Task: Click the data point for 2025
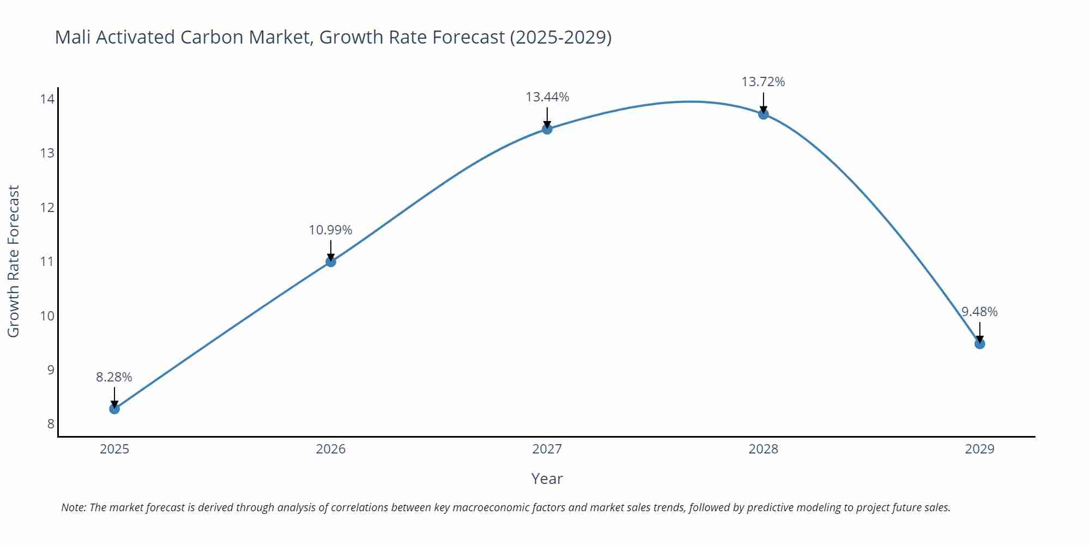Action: point(114,409)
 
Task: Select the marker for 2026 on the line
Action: point(331,262)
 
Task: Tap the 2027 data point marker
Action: point(547,129)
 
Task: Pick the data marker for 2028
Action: point(764,114)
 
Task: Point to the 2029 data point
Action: point(979,344)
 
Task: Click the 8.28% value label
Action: point(114,377)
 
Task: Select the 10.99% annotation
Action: point(330,230)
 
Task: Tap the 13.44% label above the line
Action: point(547,97)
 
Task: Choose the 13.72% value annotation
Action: point(763,82)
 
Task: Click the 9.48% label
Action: point(979,312)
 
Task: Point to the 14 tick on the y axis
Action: point(47,99)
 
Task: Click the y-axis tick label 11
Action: point(47,262)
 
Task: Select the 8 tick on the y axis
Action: point(50,424)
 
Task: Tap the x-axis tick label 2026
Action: point(331,449)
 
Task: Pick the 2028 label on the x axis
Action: point(764,449)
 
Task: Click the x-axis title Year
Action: point(547,479)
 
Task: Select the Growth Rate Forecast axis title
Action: point(14,261)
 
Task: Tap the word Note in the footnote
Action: point(72,507)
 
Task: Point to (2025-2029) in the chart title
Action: point(560,37)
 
